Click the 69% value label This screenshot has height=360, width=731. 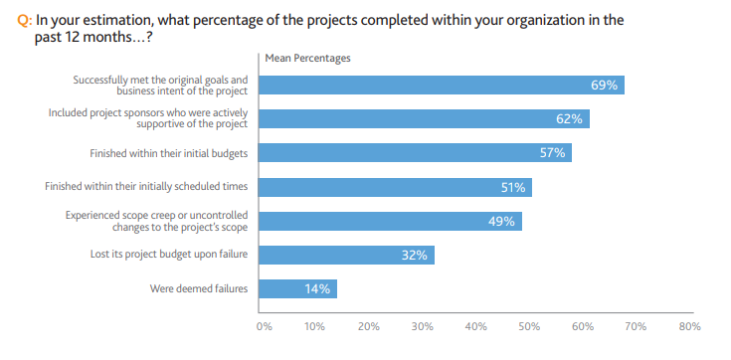click(604, 86)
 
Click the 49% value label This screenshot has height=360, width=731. click(501, 221)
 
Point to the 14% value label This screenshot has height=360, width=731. click(317, 289)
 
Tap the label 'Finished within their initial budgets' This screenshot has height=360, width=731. click(168, 153)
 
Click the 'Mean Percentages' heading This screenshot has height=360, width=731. click(307, 58)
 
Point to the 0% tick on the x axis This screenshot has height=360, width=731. click(264, 325)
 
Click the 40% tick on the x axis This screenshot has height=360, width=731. click(476, 325)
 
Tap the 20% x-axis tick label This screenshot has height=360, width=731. click(370, 325)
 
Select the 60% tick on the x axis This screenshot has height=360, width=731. click(583, 325)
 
